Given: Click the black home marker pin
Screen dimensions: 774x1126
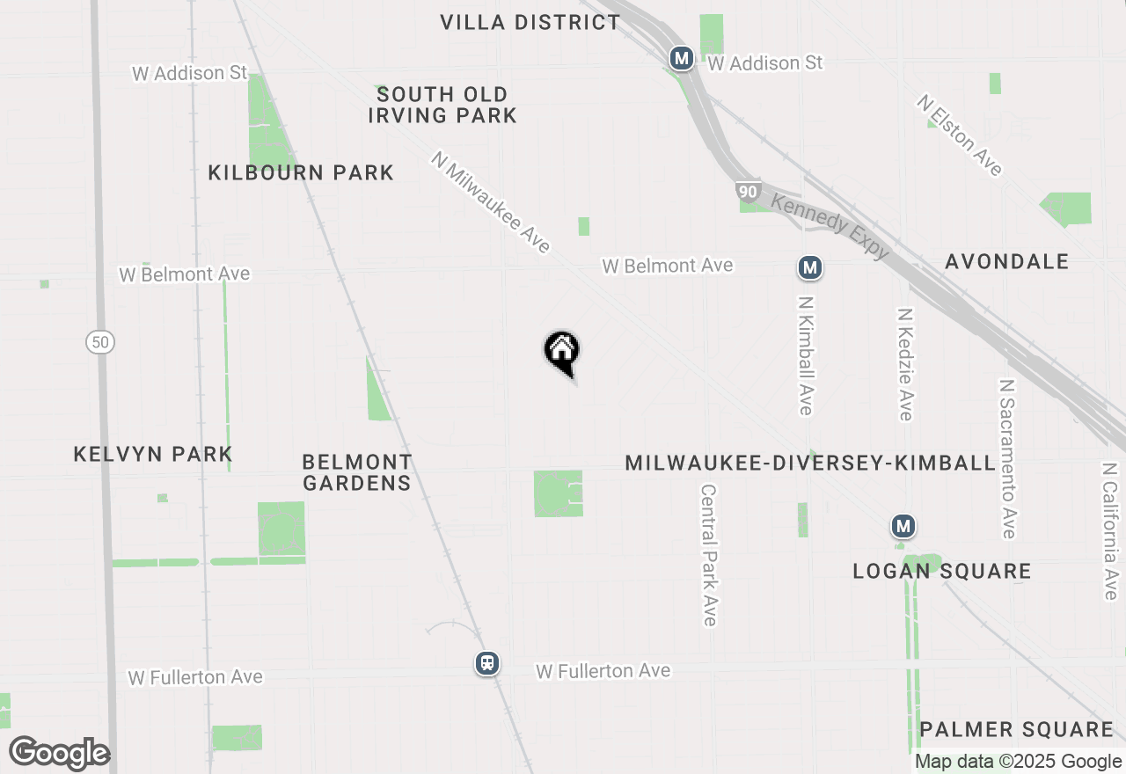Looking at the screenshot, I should click(x=561, y=352).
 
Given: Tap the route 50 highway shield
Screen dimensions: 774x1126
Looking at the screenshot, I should click(x=100, y=342).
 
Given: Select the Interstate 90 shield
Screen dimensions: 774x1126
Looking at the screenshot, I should click(x=748, y=192).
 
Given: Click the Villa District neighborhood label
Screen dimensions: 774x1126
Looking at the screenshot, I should click(x=530, y=22).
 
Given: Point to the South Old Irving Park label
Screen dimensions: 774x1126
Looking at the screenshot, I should click(x=442, y=105).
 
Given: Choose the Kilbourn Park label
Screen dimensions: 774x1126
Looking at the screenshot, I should click(x=301, y=172).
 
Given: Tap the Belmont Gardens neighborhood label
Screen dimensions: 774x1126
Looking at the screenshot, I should click(x=356, y=472).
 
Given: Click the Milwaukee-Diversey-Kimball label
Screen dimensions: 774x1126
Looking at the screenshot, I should click(x=809, y=463).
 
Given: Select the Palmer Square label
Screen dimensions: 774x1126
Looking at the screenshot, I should click(x=1016, y=729).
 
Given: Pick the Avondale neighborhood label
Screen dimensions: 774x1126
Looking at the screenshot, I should click(x=1007, y=261).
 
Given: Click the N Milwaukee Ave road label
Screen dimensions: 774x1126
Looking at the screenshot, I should click(x=490, y=202).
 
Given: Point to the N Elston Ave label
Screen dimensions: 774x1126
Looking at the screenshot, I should click(x=959, y=135).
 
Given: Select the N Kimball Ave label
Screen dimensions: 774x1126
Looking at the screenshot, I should click(x=805, y=354).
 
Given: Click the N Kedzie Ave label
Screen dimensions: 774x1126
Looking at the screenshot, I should click(x=905, y=363).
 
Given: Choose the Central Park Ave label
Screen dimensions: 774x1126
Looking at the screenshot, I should click(x=710, y=554).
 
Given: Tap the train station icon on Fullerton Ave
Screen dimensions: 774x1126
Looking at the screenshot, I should click(x=487, y=663).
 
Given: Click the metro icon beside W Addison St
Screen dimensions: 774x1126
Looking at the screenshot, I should click(x=681, y=59).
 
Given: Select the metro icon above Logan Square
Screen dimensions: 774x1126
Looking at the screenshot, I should click(x=903, y=527).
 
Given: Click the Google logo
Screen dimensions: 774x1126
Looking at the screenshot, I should click(x=59, y=753).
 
